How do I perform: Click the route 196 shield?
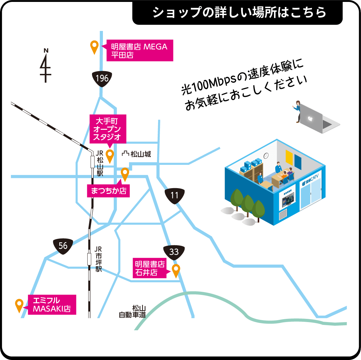point(102,78)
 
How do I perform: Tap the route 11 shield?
point(175,195)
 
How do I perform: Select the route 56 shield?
point(63,246)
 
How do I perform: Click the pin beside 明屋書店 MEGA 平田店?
point(94,47)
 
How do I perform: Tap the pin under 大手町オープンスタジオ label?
point(110,156)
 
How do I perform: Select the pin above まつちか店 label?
point(125,174)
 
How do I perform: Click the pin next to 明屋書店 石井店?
point(176,270)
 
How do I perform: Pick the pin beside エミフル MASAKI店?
point(19,305)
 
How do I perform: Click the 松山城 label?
point(137,154)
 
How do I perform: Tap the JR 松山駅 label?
point(100,163)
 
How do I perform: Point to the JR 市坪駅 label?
point(98,259)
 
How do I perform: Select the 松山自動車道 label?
point(133,312)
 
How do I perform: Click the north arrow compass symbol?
point(46,66)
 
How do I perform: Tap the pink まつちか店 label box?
point(108,191)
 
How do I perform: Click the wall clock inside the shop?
point(266,156)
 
